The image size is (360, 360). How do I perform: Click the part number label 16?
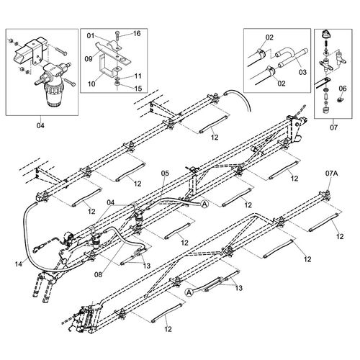[137, 33]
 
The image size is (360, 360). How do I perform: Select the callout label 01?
[91, 36]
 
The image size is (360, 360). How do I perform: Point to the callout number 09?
[89, 59]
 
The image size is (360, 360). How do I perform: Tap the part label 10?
[91, 84]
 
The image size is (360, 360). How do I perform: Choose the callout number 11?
[138, 76]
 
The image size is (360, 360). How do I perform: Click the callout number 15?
[138, 89]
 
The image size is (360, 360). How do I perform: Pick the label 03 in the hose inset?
[302, 72]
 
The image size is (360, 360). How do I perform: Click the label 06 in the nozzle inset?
[343, 89]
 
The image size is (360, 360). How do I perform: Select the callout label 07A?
[332, 174]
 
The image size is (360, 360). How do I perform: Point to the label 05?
[165, 174]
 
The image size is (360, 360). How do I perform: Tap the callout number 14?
[19, 264]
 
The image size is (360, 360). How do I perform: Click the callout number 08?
[98, 274]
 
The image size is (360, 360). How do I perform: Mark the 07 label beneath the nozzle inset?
[333, 127]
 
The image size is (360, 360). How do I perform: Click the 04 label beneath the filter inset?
[40, 125]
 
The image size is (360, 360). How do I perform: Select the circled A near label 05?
[204, 204]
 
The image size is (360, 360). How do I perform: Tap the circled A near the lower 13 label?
[189, 292]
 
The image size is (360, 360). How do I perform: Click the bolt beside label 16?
[117, 40]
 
